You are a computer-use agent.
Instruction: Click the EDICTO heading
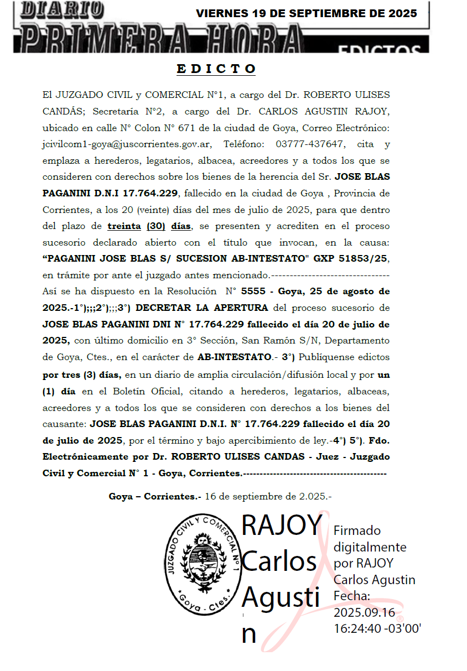216,69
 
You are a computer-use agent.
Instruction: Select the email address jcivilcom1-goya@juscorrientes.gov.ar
126,144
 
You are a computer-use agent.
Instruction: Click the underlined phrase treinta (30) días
149,226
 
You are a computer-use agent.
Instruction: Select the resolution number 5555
256,291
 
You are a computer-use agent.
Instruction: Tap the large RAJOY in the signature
282,525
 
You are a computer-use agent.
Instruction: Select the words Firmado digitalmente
369,539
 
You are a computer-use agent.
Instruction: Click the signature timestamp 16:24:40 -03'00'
377,629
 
